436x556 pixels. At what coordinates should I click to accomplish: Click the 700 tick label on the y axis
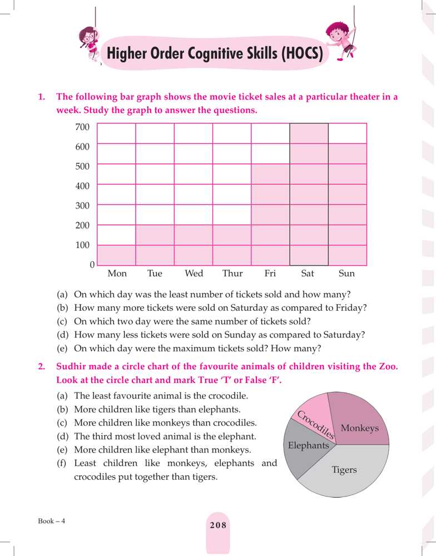click(82, 127)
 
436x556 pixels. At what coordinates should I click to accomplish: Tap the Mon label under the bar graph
click(117, 274)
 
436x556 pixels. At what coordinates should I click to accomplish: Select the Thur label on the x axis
click(232, 274)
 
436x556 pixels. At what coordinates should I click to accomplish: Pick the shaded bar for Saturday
click(309, 195)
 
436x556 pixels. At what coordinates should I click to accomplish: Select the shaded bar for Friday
click(270, 215)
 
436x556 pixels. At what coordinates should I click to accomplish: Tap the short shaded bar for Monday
click(116, 255)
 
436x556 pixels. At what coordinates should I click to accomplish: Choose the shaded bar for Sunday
click(347, 205)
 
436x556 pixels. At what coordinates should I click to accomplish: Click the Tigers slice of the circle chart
click(345, 470)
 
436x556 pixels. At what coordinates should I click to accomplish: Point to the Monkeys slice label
click(359, 428)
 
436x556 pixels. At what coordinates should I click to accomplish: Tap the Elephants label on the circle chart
click(308, 445)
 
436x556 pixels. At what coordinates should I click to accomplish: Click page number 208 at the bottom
click(217, 525)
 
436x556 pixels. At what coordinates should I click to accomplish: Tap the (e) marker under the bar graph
click(63, 349)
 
